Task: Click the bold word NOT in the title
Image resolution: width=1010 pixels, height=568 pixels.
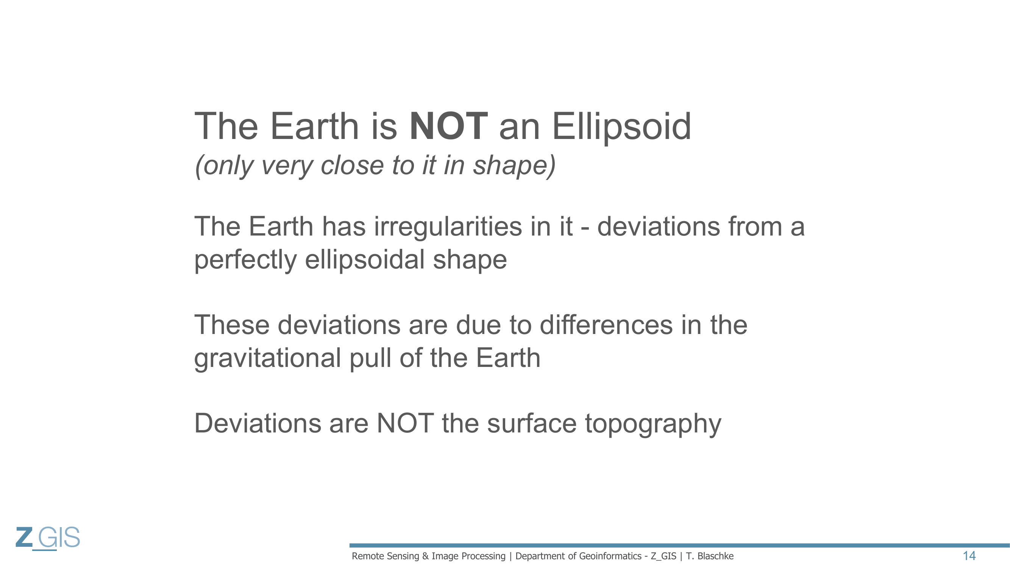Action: click(x=448, y=126)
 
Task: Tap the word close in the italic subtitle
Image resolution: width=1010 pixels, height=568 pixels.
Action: click(x=352, y=165)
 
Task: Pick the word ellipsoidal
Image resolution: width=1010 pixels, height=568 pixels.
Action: click(x=365, y=259)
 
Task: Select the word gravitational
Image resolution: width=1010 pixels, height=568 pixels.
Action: click(x=267, y=359)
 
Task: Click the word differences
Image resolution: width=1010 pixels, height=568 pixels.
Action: click(x=606, y=325)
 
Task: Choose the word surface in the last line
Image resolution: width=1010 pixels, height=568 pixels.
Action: click(x=532, y=423)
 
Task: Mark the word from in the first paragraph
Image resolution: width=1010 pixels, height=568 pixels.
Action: click(x=755, y=226)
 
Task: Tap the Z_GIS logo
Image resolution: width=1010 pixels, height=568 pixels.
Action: click(x=48, y=538)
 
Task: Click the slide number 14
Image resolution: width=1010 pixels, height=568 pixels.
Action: click(x=969, y=556)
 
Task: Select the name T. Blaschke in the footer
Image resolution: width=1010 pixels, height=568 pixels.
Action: click(x=710, y=556)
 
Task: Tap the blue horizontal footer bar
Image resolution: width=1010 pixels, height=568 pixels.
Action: click(x=679, y=545)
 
